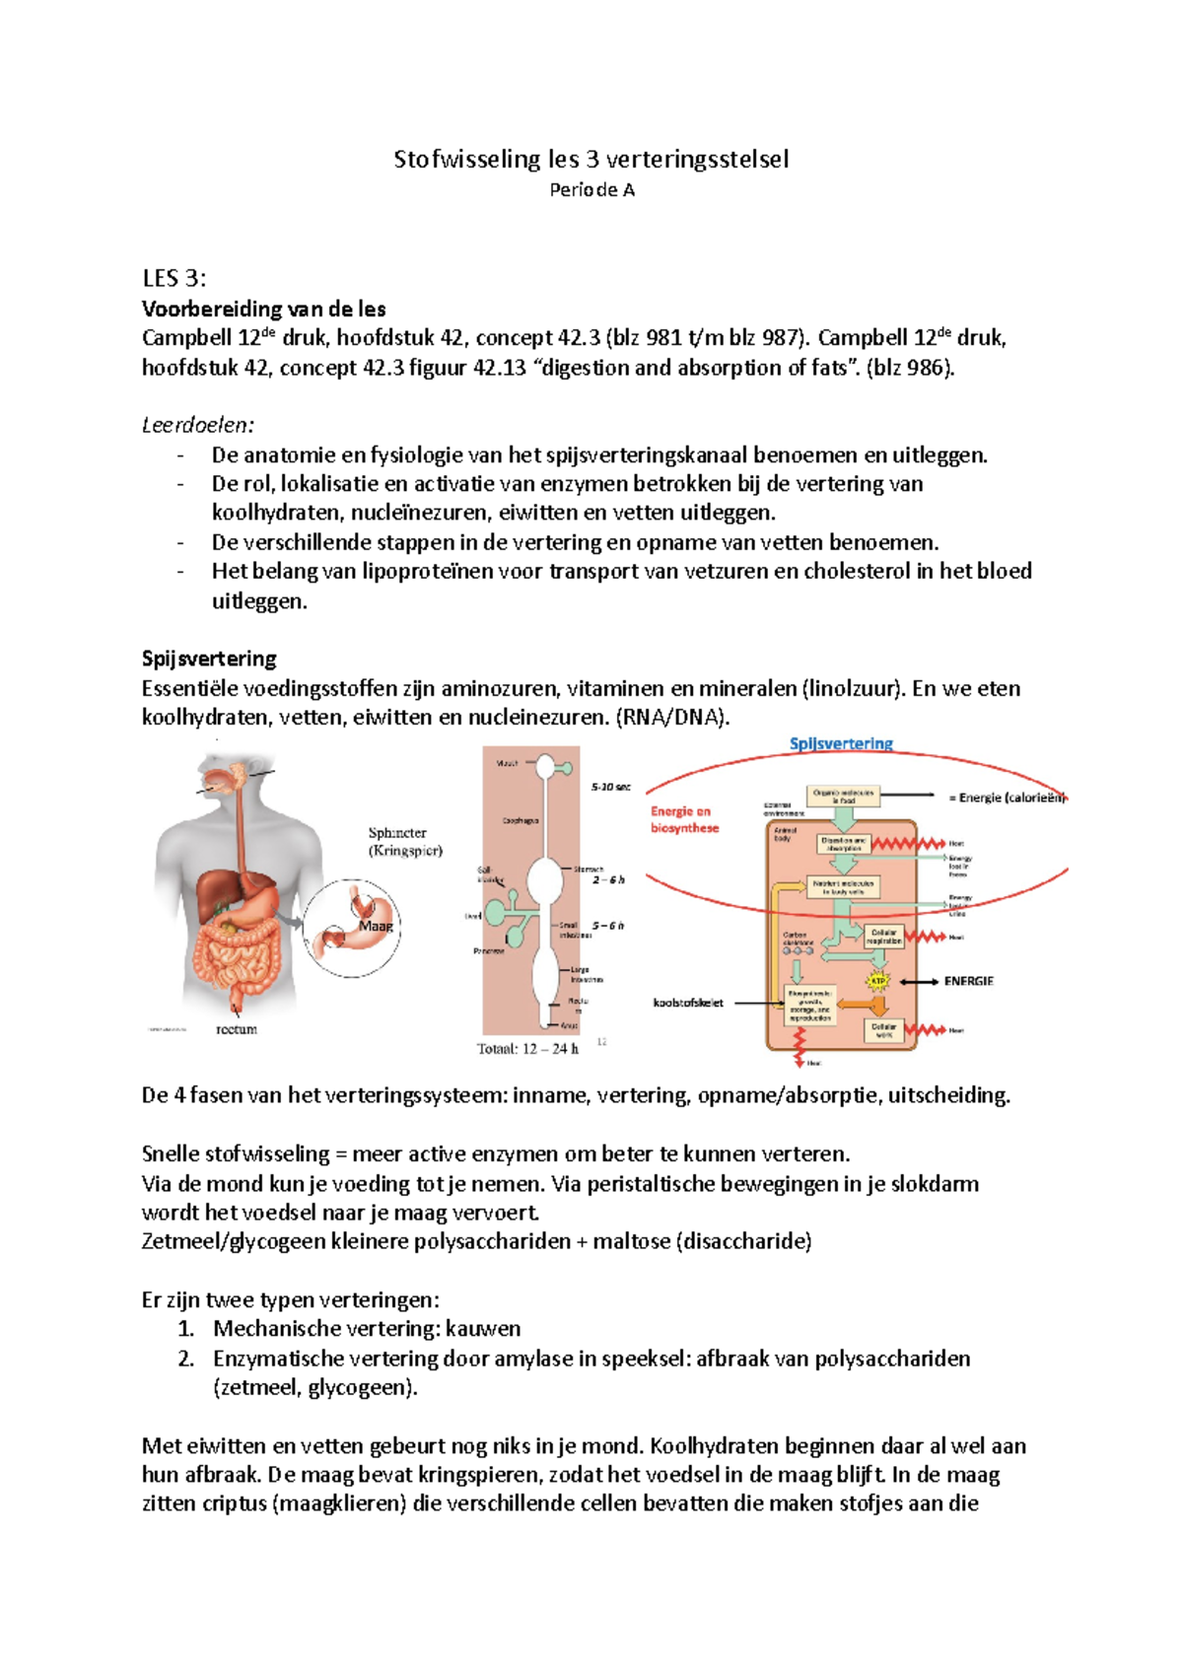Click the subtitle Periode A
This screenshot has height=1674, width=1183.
pyautogui.click(x=591, y=190)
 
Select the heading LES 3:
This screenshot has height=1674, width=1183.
pyautogui.click(x=174, y=278)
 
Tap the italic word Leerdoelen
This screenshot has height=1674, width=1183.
pyautogui.click(x=197, y=425)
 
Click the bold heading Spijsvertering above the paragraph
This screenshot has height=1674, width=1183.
pyautogui.click(x=209, y=659)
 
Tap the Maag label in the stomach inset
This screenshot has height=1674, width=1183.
pyautogui.click(x=376, y=926)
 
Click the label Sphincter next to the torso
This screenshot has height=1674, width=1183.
pyautogui.click(x=397, y=833)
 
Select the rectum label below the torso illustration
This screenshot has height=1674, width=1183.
pyautogui.click(x=237, y=1029)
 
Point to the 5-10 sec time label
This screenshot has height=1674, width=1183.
pyautogui.click(x=610, y=787)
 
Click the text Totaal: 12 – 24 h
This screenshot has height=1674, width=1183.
pyautogui.click(x=527, y=1049)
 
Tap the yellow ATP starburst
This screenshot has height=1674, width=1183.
pyautogui.click(x=877, y=981)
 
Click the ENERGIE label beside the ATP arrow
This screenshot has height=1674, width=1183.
pyautogui.click(x=968, y=981)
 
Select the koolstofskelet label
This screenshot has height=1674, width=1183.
pyautogui.click(x=688, y=1003)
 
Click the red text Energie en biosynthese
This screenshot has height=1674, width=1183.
pyautogui.click(x=684, y=819)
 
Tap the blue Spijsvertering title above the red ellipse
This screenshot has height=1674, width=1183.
pyautogui.click(x=841, y=743)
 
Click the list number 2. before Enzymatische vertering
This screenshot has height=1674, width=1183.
pyautogui.click(x=186, y=1359)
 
